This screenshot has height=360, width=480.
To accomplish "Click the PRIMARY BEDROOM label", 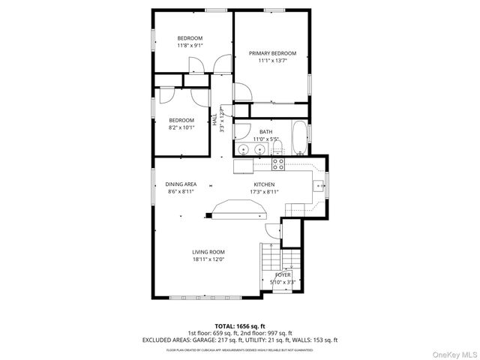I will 272,53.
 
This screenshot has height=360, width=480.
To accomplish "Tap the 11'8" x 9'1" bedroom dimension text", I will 189,46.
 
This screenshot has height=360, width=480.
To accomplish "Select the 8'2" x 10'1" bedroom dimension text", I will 181,127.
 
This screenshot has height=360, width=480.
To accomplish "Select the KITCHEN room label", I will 264,184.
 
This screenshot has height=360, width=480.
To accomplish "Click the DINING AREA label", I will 181,184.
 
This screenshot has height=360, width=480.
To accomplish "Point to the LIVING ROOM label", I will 208,252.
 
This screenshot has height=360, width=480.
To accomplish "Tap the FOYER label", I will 283,275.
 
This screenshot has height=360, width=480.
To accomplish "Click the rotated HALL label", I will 214,119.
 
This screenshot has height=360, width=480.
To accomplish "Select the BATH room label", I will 266,132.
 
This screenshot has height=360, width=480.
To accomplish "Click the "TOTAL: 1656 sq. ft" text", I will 240,325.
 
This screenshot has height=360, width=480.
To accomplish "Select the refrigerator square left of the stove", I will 244,164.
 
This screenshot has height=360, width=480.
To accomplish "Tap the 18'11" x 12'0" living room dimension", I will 208,259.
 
